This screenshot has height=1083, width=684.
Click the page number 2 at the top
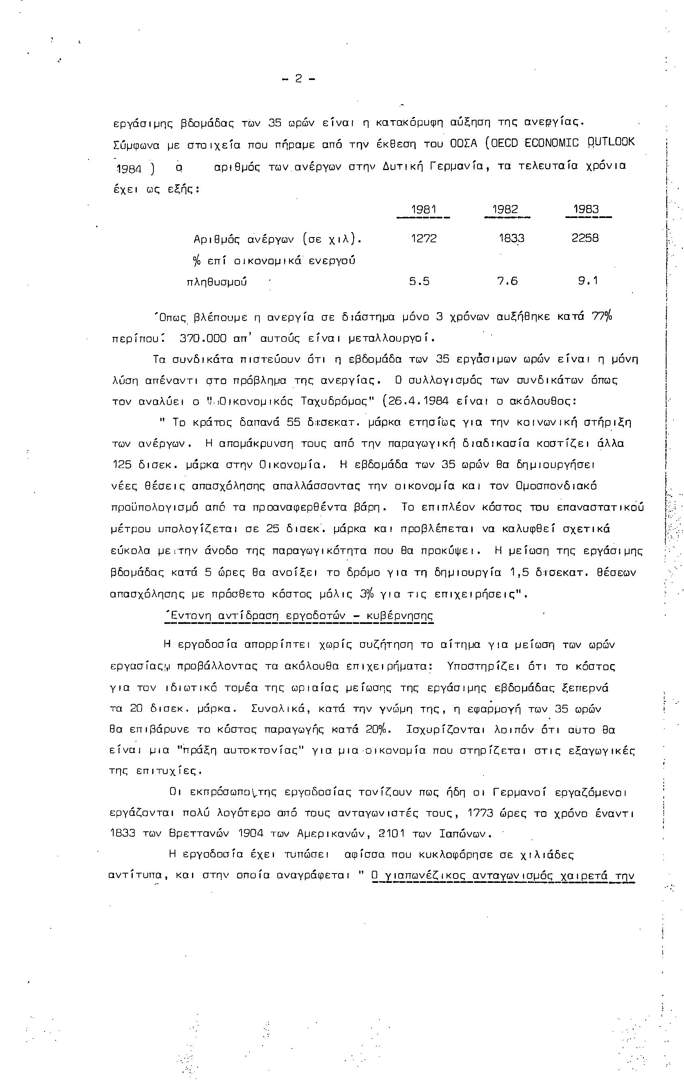pyautogui.click(x=298, y=79)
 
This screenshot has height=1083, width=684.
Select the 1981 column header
pyautogui.click(x=424, y=209)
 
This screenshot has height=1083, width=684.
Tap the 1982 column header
pyautogui.click(x=505, y=209)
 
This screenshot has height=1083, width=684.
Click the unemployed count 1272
pyautogui.click(x=424, y=238)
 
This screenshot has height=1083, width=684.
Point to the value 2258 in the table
pyautogui.click(x=585, y=238)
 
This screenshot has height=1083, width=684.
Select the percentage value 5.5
pyautogui.click(x=419, y=282)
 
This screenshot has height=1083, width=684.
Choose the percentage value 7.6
pyautogui.click(x=507, y=282)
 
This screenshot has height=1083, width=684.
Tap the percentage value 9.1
pyautogui.click(x=588, y=282)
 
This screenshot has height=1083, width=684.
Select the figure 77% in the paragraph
pyautogui.click(x=602, y=317)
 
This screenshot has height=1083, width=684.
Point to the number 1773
pyautogui.click(x=483, y=813)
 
